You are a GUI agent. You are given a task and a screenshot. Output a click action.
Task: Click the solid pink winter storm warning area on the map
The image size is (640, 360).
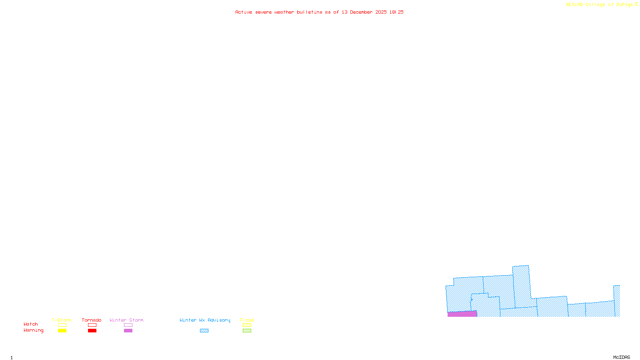[x=462, y=314]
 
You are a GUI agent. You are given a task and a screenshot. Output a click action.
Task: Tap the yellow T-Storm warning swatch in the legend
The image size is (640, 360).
[x=62, y=331]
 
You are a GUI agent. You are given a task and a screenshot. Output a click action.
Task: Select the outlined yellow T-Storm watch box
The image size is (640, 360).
[x=62, y=325]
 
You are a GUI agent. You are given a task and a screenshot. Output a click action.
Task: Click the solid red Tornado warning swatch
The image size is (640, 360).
[x=92, y=331]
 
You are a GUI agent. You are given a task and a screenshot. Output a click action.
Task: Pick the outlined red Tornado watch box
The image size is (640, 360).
[x=92, y=325]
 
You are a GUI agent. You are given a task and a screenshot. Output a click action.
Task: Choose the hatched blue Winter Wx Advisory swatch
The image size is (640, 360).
[x=204, y=331]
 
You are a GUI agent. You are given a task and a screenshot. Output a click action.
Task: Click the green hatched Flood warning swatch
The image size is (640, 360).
[x=247, y=331]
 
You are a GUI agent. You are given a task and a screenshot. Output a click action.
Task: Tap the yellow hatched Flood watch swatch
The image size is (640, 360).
[x=247, y=325]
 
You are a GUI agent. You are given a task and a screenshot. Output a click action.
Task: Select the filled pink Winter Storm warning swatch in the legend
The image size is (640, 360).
[x=128, y=331]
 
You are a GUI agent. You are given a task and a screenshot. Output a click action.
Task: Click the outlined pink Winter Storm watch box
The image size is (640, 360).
[x=128, y=325]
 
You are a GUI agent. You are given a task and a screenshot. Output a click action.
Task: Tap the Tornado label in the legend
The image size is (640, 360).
[x=92, y=320]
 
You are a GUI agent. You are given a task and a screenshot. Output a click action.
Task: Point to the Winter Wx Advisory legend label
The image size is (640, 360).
[x=205, y=320]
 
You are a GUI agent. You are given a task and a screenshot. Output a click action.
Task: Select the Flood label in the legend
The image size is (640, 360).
[x=247, y=320]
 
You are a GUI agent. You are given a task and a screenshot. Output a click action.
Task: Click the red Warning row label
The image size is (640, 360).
[x=33, y=330]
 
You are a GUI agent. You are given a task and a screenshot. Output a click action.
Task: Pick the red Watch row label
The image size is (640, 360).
[x=31, y=324]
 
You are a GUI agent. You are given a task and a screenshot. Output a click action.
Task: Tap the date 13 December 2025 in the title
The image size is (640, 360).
[x=364, y=12]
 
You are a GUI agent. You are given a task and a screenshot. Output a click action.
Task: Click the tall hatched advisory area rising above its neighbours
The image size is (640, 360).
[x=522, y=286]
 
